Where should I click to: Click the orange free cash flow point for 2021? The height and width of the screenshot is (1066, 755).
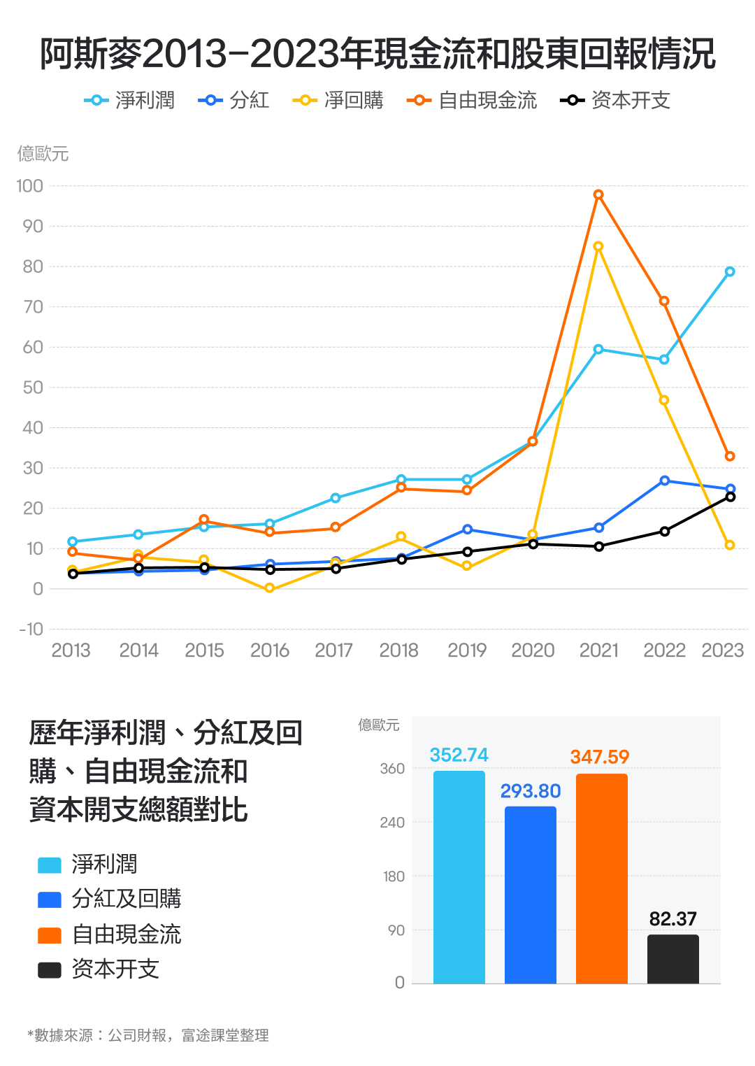pos(598,194)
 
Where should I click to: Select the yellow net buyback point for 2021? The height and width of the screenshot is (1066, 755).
pos(598,246)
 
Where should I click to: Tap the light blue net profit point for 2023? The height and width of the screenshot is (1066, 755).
pos(730,271)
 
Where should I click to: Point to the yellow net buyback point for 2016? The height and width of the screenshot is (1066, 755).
pos(270,589)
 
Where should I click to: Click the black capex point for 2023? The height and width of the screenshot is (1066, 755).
pos(731,497)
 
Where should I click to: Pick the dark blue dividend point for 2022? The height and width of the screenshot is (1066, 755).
pos(664,481)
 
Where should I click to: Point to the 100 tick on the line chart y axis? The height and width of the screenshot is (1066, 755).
pos(30,186)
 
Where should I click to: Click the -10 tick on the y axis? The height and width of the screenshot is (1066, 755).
pos(31,629)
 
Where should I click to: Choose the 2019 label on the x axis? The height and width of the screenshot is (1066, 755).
pos(467,651)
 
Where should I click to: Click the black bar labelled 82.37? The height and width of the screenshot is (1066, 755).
pos(673,959)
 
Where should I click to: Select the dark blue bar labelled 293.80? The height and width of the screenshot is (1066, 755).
pos(531,895)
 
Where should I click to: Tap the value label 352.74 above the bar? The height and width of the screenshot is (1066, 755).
pos(459,755)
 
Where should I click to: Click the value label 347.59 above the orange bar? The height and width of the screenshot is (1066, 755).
pos(600,757)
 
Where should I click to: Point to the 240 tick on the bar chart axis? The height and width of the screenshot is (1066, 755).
pos(392,823)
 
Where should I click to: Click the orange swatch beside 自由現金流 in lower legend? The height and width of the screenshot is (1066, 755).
pos(50,935)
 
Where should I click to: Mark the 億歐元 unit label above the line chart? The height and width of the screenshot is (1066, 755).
pos(43,154)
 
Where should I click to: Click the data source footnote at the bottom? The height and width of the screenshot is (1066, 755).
pos(148,1035)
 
